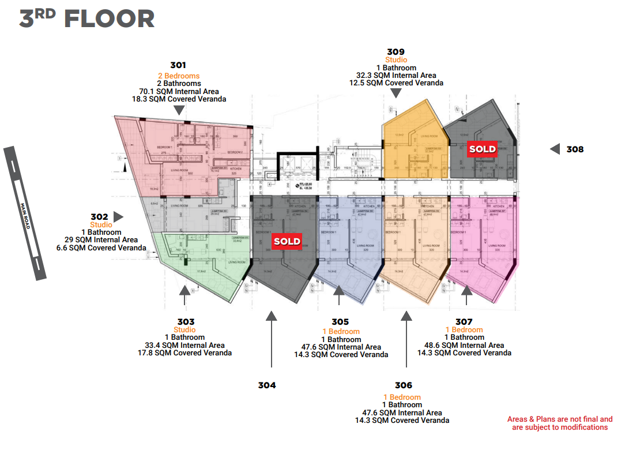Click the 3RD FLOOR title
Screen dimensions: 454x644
pos(86,19)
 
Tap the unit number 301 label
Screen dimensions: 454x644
pos(178,65)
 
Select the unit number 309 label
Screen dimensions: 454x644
pos(396,51)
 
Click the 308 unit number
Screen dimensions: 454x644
pos(575,149)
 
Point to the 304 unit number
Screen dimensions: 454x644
pos(267,385)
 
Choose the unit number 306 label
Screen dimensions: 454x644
pos(404,385)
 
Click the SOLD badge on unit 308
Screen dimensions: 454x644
pos(482,149)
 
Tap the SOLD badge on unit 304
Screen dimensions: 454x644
pos(287,241)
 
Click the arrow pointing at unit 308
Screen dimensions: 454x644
pos(555,149)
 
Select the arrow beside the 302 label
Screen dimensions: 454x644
pos(118,216)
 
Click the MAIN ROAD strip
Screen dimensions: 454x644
pos(25,213)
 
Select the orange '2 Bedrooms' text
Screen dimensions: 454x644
pos(179,76)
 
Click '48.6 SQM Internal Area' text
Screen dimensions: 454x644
pos(464,345)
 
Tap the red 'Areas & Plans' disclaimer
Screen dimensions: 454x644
pos(560,423)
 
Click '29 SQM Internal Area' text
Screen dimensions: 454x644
pos(101,240)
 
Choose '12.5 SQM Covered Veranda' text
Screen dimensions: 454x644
pos(396,83)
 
